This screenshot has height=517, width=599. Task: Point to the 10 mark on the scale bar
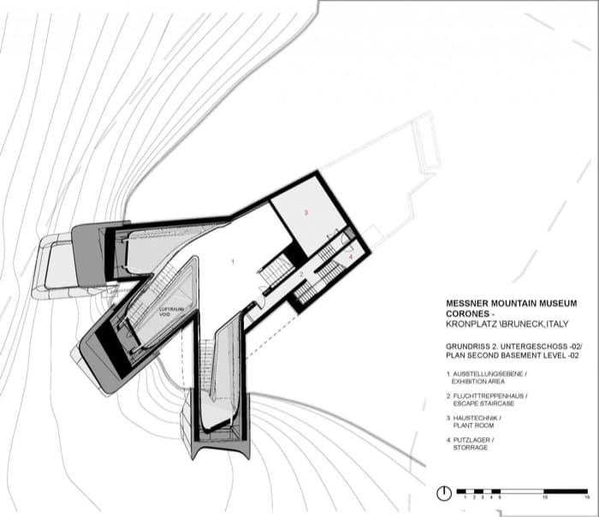pyautogui.click(x=545, y=496)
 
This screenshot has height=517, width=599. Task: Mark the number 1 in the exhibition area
pyautogui.click(x=232, y=258)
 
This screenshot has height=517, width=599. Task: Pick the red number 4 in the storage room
pyautogui.click(x=350, y=255)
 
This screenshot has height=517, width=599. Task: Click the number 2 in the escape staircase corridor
pyautogui.click(x=301, y=273)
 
